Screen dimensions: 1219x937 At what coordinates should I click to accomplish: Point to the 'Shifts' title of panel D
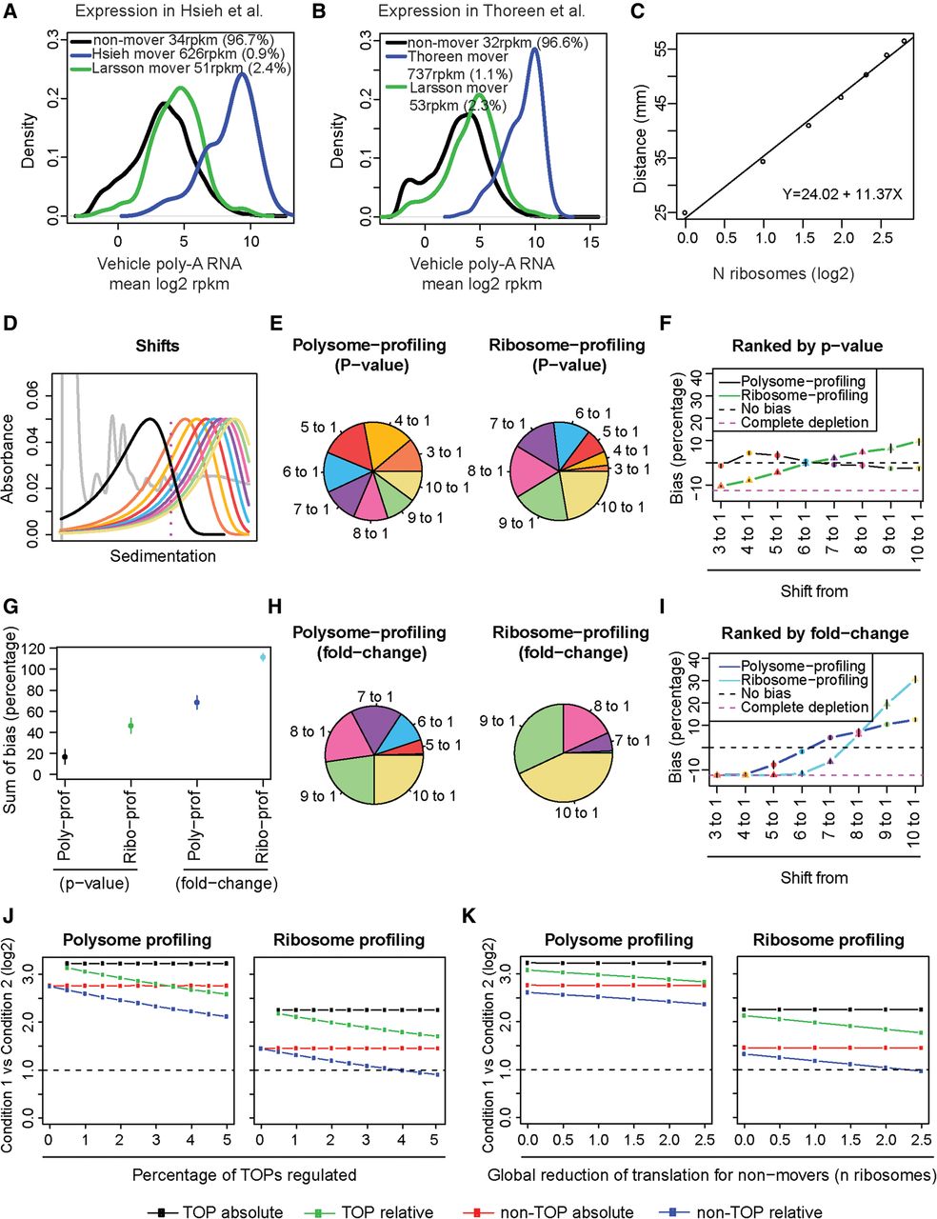157,347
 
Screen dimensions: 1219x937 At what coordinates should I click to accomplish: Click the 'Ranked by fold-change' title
814,633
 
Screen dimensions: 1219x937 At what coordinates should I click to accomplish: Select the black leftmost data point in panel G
65,757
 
